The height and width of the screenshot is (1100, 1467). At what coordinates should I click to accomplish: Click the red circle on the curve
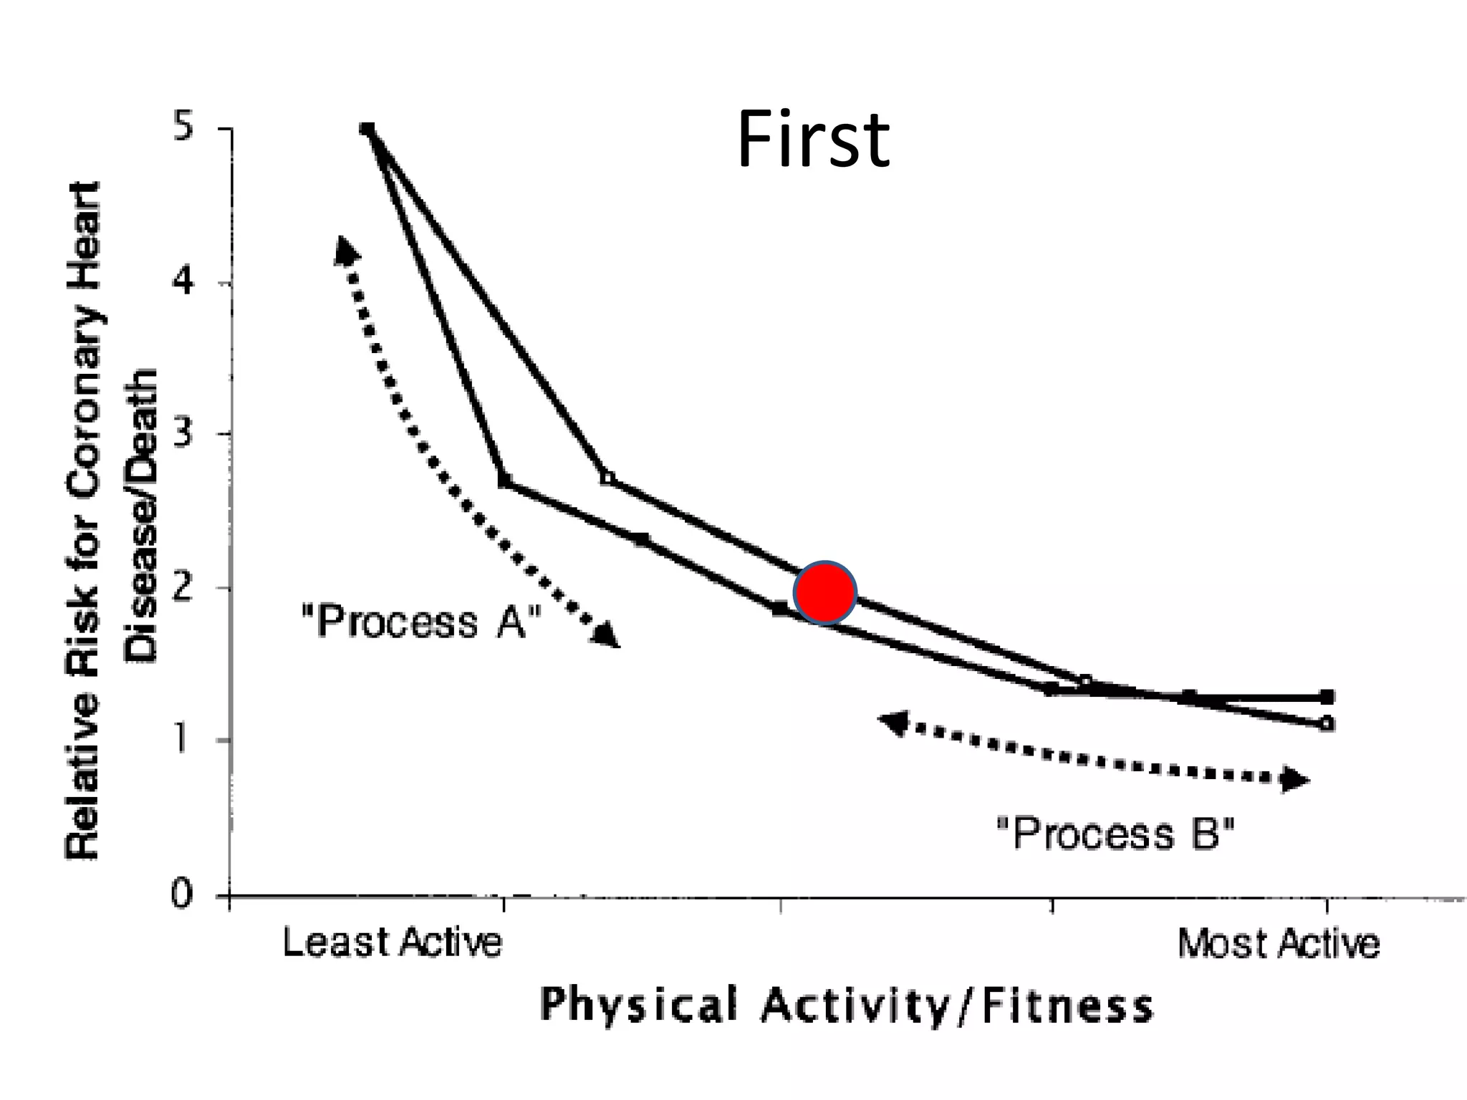(825, 592)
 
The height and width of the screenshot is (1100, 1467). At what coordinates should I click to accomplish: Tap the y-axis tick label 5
(186, 130)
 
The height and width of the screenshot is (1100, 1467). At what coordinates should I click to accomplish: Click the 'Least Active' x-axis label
(393, 943)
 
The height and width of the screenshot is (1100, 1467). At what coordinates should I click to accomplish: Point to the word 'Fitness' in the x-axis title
(1067, 1006)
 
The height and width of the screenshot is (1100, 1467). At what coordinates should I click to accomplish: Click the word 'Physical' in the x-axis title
(638, 1005)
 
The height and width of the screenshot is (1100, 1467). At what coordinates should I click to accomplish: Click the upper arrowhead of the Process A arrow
(346, 250)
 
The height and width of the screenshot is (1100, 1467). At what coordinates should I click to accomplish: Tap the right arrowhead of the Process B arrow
(1295, 779)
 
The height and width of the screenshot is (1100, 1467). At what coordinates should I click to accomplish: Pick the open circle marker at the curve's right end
(1327, 723)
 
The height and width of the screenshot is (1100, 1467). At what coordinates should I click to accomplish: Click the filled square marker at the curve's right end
(1327, 696)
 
